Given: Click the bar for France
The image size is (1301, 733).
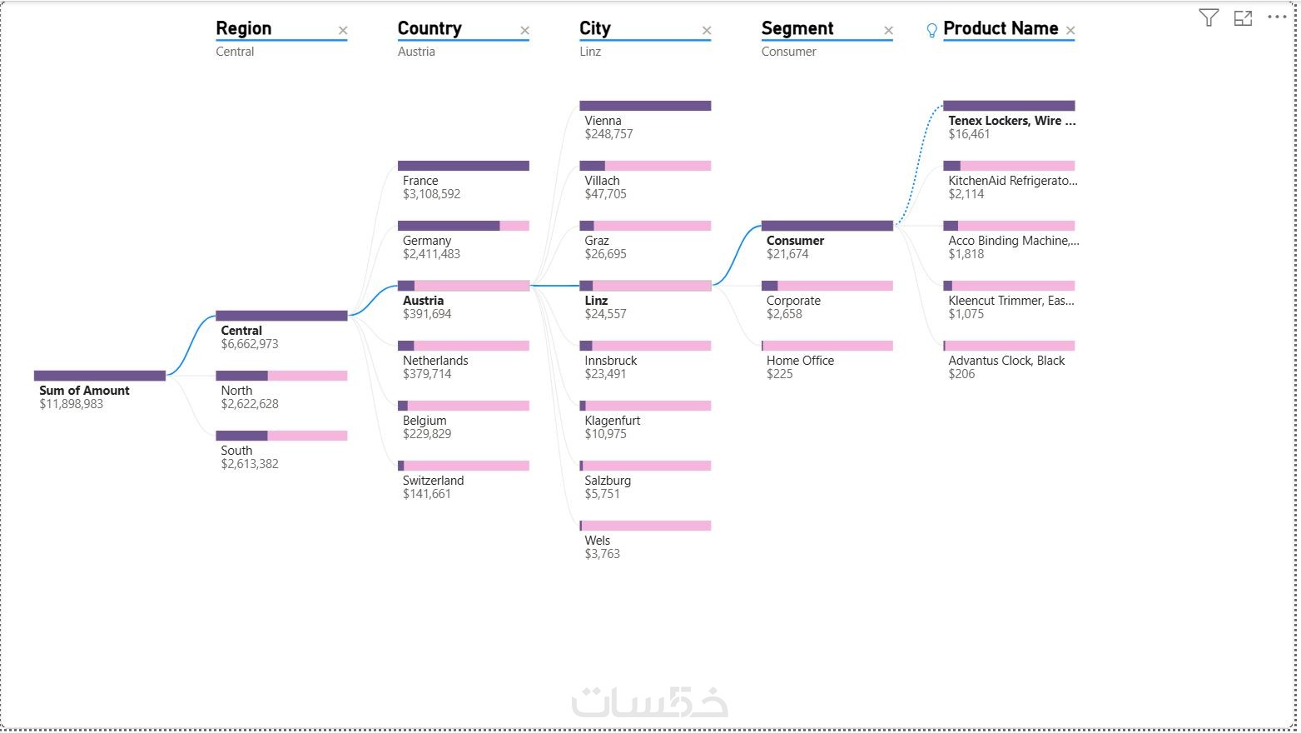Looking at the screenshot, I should [x=463, y=166].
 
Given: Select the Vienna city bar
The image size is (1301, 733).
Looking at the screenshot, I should [x=645, y=106].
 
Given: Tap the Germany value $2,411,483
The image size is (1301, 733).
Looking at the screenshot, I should [x=431, y=254].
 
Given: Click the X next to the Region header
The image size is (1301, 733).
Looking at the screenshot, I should [x=343, y=31].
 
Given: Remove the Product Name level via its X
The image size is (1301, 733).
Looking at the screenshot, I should [x=1070, y=31].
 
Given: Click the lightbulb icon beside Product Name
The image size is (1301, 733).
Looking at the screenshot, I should [x=931, y=31].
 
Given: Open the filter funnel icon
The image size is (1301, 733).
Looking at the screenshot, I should [x=1209, y=17].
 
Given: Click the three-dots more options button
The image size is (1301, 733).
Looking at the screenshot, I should [x=1276, y=17].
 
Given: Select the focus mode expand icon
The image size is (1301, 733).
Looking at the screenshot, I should [x=1243, y=17].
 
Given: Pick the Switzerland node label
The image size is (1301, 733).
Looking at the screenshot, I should [x=433, y=481].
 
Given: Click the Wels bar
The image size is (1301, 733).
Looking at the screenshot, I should [x=645, y=526].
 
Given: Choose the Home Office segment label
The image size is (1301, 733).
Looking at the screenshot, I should [x=800, y=361].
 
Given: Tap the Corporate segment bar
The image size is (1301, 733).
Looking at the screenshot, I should [x=827, y=286].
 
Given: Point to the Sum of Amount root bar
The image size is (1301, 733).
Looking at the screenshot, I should [x=100, y=376].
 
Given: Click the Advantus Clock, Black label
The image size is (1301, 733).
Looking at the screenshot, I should [x=1006, y=361].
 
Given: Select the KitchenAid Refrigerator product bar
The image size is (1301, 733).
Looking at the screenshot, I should [x=1009, y=166].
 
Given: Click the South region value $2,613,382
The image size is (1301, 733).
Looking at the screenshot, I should [x=250, y=464].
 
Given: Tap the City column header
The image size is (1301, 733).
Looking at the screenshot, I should [x=595, y=28].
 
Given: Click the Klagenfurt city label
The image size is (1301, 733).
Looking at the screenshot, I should [x=613, y=421].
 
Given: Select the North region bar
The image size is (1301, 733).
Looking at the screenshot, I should [x=281, y=376].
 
